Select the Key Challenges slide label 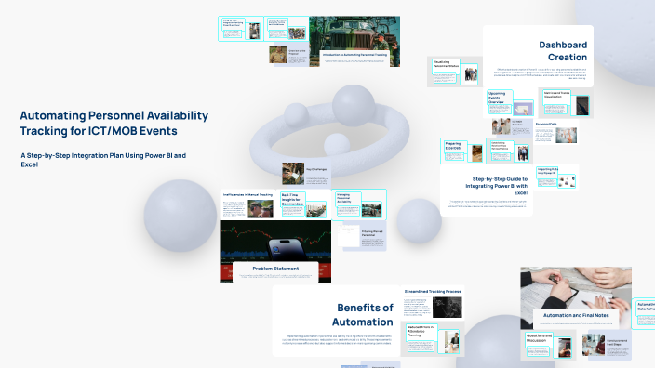coord(294,173)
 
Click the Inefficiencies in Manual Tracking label coord(247,194)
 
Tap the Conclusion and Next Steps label coord(619,342)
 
